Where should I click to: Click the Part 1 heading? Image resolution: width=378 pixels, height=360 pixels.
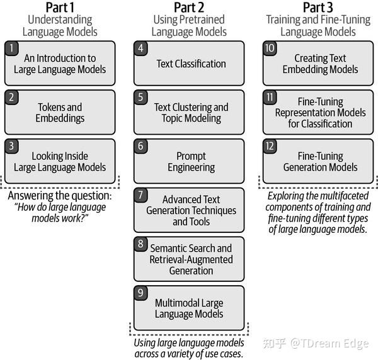click(x=60, y=8)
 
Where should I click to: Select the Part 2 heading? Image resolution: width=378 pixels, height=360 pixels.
click(x=188, y=8)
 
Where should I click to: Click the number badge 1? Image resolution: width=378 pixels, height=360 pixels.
click(x=11, y=48)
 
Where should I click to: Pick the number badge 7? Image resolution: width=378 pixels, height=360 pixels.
click(x=140, y=194)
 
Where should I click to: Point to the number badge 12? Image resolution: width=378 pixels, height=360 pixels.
click(x=270, y=145)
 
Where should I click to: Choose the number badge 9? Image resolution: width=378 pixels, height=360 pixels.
click(x=140, y=292)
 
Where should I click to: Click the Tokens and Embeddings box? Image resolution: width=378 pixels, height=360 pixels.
click(x=60, y=112)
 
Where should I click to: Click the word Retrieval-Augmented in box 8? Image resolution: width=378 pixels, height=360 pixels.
click(x=191, y=259)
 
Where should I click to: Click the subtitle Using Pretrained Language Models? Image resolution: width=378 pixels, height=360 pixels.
click(x=188, y=25)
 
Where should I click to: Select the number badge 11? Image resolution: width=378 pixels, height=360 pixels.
click(x=270, y=97)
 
